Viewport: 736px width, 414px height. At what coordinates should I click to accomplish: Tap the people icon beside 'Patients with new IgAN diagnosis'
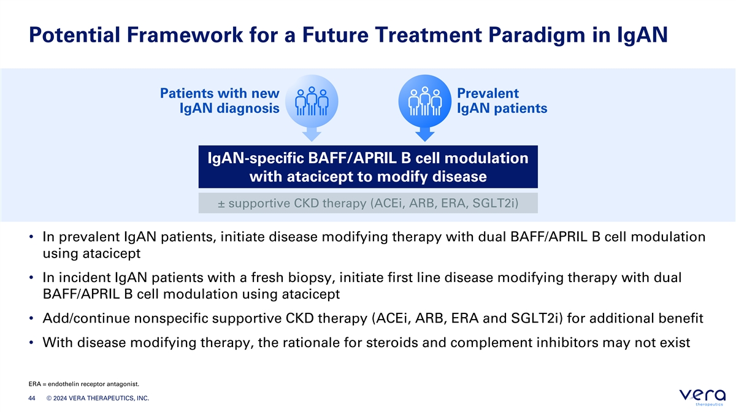(x=312, y=101)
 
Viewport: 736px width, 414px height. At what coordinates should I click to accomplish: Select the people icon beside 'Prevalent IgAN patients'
(x=425, y=101)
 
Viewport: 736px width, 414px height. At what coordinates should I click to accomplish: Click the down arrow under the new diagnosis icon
(x=312, y=135)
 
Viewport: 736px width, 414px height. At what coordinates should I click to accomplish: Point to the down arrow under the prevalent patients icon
(x=425, y=135)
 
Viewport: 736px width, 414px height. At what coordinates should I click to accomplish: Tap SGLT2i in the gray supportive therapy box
(x=495, y=204)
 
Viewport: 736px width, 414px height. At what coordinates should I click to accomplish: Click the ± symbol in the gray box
(x=221, y=204)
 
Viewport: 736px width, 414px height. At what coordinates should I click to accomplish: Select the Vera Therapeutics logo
(x=702, y=397)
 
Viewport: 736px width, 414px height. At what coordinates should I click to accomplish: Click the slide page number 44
(x=32, y=398)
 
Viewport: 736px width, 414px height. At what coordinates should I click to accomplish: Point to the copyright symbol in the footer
(x=49, y=398)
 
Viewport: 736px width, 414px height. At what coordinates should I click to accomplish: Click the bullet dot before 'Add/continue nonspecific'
(x=31, y=318)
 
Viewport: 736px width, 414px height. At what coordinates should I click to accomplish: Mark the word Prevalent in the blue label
(x=488, y=93)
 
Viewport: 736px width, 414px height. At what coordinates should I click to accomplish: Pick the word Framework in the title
(x=185, y=35)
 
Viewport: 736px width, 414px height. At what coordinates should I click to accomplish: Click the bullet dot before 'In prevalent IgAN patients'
(x=31, y=237)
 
